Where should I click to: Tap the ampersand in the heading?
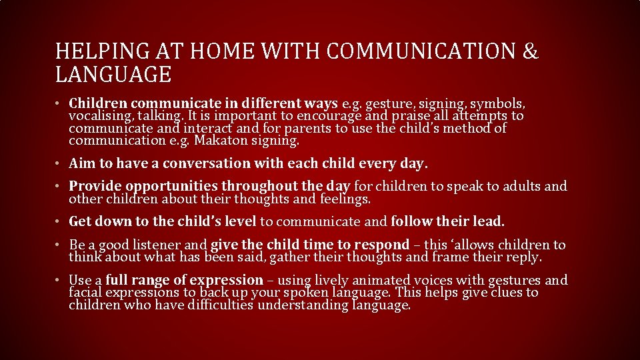coord(530,51)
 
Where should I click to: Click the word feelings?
coord(345,199)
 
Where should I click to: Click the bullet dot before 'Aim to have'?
coord(59,164)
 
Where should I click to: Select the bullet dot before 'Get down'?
coord(59,221)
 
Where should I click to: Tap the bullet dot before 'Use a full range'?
coord(59,281)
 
